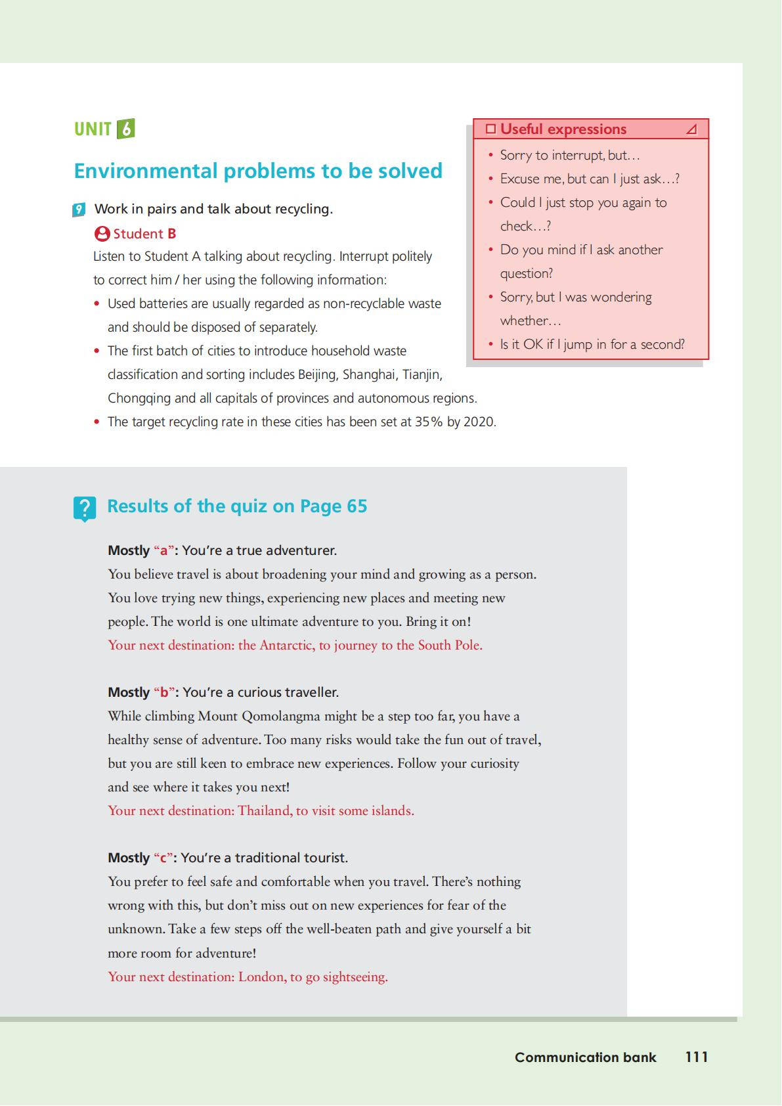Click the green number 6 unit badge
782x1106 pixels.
pos(125,129)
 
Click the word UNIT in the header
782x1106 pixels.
pos(93,129)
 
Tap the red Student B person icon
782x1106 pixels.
pos(102,234)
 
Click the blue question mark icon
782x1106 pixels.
pos(85,508)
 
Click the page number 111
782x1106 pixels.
pos(697,1057)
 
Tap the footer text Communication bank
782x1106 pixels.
pos(585,1057)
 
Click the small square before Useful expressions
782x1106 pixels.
pos(490,129)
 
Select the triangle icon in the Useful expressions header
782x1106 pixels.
pos(691,129)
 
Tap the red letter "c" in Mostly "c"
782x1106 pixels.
pos(163,858)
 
